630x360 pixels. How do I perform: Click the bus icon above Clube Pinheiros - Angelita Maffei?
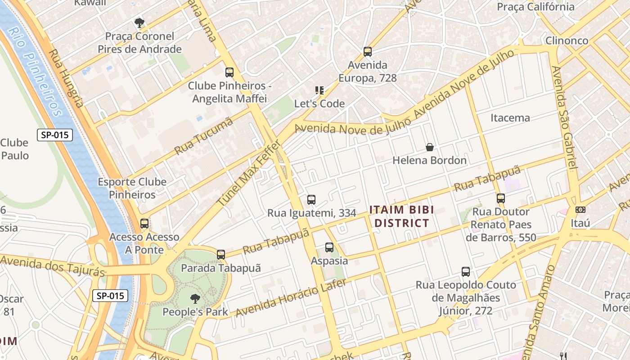(229, 72)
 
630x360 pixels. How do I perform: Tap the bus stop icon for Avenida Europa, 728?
(368, 51)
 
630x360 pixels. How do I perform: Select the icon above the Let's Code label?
(319, 90)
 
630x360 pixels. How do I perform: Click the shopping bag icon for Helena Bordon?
(430, 147)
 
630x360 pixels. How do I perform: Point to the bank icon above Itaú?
(580, 210)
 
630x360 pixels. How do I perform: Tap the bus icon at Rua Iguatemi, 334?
(311, 200)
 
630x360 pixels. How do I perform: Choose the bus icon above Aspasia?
(329, 247)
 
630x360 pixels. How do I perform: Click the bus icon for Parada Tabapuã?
(220, 255)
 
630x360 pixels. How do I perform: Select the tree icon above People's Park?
(195, 298)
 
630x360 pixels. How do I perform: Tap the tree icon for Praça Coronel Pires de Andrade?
(139, 22)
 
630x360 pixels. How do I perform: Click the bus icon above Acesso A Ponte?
(144, 224)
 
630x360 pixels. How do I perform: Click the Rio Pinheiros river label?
(35, 72)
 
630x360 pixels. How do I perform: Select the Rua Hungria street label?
(66, 78)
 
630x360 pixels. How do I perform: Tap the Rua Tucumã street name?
(204, 136)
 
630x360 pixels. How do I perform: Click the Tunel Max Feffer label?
(249, 173)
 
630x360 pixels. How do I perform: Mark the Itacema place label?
(510, 118)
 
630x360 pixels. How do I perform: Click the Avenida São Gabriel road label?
(564, 118)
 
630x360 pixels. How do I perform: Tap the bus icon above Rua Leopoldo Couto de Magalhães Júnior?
(466, 272)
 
